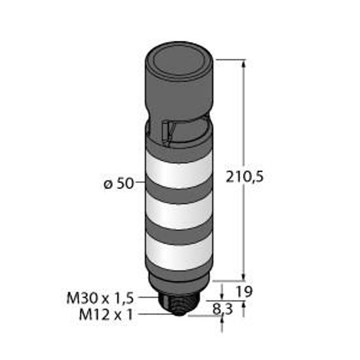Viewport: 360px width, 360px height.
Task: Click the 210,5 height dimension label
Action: click(x=245, y=178)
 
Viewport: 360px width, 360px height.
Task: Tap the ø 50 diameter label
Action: click(x=119, y=184)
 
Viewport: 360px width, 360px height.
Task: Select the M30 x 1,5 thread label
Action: click(x=100, y=298)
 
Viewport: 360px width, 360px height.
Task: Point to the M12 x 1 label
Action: click(x=106, y=314)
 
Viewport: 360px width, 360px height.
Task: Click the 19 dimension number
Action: click(x=245, y=292)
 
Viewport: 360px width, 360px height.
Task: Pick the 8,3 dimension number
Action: click(x=223, y=309)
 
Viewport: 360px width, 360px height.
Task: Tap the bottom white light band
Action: click(x=179, y=253)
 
